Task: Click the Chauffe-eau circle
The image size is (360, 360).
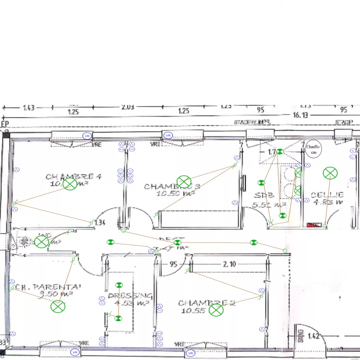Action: (x=313, y=149)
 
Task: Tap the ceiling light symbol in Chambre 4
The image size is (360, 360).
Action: (x=70, y=184)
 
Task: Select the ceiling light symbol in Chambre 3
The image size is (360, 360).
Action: (x=184, y=182)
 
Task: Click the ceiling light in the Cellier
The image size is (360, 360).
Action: (x=330, y=173)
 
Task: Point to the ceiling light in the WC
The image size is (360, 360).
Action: (x=41, y=241)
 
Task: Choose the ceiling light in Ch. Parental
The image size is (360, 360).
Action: (x=58, y=306)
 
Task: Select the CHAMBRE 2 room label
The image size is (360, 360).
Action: (x=206, y=303)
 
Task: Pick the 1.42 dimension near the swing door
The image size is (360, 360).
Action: (x=314, y=336)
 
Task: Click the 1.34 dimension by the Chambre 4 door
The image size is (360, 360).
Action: (x=100, y=223)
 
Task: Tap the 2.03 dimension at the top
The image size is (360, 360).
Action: (x=127, y=107)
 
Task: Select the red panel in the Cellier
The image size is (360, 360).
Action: (x=313, y=224)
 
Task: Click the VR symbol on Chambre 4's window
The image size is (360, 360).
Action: (x=87, y=136)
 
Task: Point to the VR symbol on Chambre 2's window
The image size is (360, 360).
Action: (x=191, y=354)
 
